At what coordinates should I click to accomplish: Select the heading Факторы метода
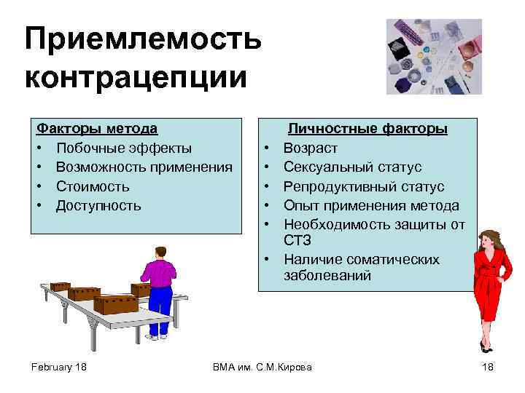97,129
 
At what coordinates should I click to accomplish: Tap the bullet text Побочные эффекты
124,148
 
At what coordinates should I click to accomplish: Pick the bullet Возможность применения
144,167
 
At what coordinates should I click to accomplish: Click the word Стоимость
93,186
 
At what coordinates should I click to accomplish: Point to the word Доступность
98,205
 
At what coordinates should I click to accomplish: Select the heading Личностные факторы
367,129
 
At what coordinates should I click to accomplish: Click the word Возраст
311,148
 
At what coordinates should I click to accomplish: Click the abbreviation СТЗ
299,240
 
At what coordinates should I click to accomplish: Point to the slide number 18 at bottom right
488,366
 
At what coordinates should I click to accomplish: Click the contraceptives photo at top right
433,57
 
